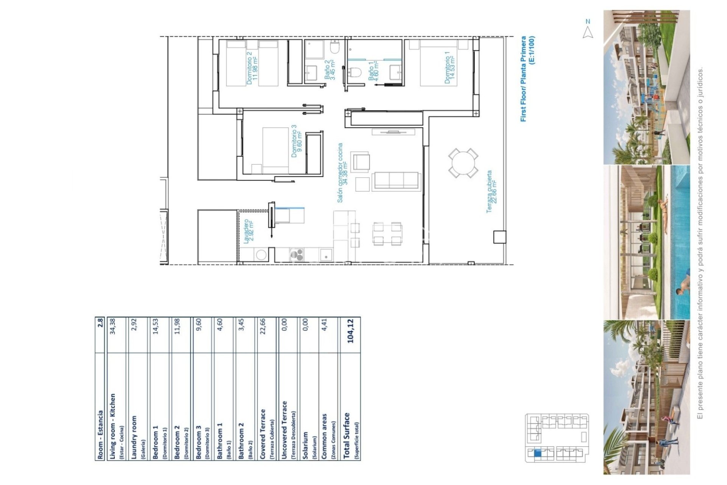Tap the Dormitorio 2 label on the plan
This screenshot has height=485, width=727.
(252, 68)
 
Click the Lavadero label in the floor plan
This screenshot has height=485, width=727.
(248, 231)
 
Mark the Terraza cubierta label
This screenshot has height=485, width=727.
(491, 191)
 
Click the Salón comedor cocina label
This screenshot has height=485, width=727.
(342, 172)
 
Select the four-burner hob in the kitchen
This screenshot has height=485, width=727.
(296, 255)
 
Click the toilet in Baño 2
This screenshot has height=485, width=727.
(335, 48)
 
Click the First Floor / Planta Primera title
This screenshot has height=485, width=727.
(527, 78)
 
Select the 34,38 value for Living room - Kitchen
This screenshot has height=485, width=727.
(112, 326)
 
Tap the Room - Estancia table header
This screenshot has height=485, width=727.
(100, 435)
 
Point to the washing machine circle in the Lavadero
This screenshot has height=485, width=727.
(261, 255)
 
